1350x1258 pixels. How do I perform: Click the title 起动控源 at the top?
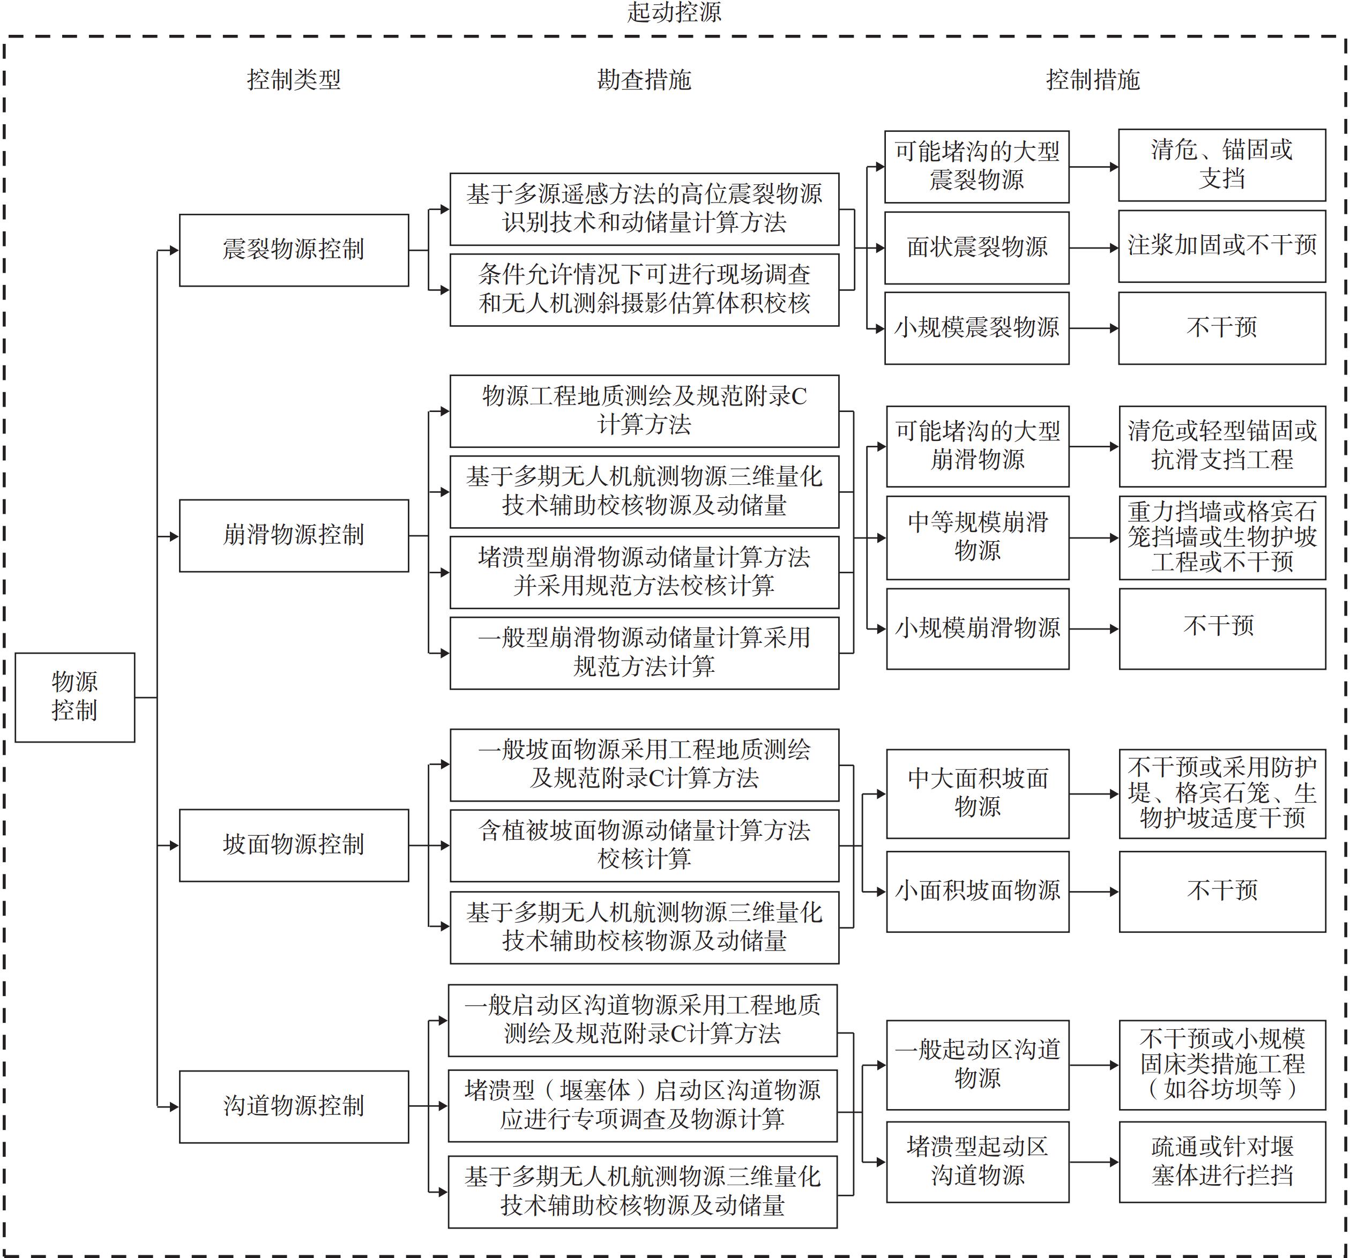(674, 12)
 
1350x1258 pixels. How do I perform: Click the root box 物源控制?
(74, 697)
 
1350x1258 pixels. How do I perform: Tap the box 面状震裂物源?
(976, 247)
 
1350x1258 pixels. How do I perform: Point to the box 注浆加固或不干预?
(1222, 246)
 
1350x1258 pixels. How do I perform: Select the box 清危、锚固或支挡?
(1222, 164)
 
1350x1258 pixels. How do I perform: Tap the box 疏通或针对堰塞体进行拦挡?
(1222, 1162)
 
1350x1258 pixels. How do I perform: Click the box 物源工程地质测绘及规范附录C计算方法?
(644, 411)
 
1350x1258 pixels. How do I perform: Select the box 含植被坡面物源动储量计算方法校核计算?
(644, 845)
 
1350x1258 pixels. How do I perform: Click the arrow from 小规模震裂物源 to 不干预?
(1093, 328)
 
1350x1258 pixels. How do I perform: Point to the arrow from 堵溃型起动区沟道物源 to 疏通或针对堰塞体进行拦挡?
(1093, 1162)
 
